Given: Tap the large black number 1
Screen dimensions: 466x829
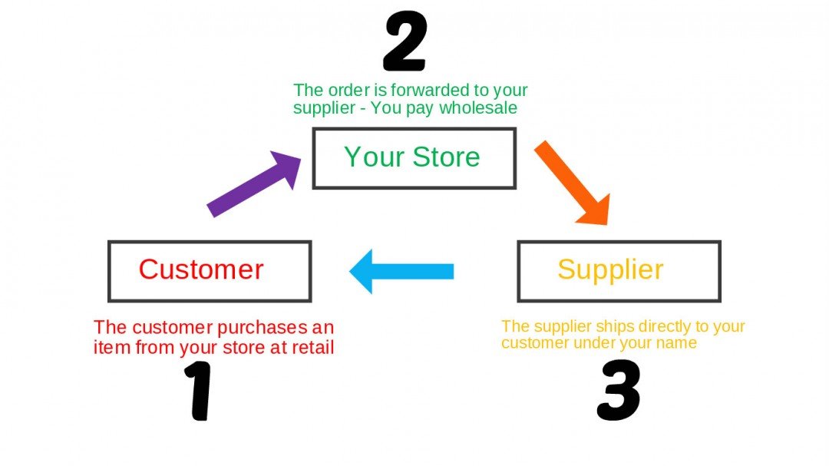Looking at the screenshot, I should tap(200, 392).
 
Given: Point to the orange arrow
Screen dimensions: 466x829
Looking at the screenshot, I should tap(572, 182).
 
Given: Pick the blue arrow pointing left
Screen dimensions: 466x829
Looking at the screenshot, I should tap(401, 271).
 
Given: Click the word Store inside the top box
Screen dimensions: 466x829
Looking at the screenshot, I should tap(446, 157).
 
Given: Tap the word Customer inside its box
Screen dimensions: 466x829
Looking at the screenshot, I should tap(201, 269).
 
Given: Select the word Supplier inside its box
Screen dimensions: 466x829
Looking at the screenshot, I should tap(610, 269).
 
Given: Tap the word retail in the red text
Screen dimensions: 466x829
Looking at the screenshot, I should tap(314, 348).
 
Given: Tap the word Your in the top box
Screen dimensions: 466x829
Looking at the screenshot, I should tap(374, 157).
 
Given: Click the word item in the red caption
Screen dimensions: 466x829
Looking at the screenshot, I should tap(109, 348).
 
